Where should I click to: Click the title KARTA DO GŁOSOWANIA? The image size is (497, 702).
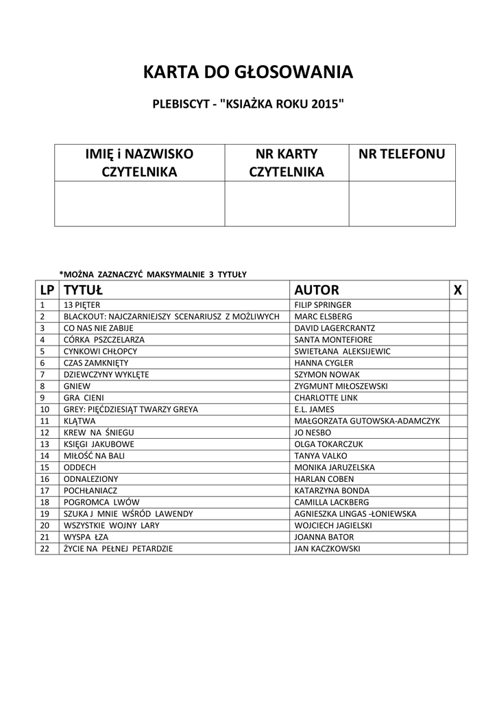tap(248, 72)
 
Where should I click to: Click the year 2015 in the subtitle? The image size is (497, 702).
tap(326, 104)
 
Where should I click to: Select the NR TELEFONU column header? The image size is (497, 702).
tap(402, 154)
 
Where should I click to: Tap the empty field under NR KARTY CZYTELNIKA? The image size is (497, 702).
tap(287, 204)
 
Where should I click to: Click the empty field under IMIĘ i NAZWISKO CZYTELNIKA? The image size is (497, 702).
tap(140, 204)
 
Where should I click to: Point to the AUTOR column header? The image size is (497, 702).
tap(317, 290)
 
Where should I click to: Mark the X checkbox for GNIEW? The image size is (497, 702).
tap(458, 386)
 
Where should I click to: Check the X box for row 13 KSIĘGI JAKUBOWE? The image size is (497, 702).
tap(458, 444)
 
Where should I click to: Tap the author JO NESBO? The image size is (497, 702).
tap(313, 433)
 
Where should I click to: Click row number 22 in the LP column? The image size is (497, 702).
tap(45, 549)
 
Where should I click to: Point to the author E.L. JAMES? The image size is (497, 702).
tap(315, 409)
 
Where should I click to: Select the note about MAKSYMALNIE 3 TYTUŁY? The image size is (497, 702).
tap(153, 274)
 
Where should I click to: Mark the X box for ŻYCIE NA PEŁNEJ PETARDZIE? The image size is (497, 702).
tap(458, 549)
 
